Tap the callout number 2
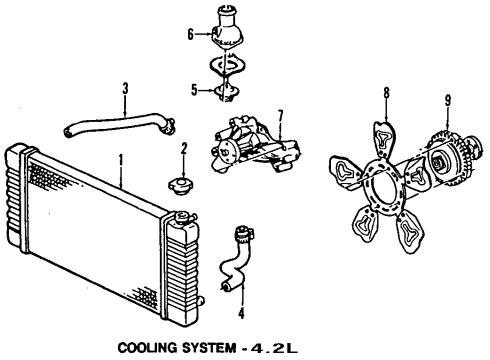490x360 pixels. point(183,150)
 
